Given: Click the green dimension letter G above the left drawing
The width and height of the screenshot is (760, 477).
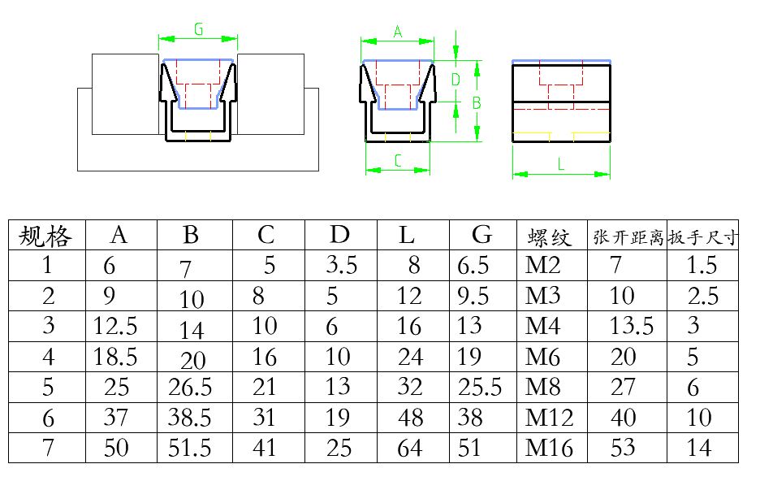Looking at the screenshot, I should pos(199,29).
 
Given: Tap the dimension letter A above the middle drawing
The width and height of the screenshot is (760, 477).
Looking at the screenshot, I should pos(398,32).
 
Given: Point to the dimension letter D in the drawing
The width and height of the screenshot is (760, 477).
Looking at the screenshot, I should pos(456,79).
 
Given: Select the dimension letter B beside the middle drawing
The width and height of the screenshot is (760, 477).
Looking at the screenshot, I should pos(477,103).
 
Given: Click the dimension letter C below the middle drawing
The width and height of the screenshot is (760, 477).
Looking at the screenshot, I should pos(398,161).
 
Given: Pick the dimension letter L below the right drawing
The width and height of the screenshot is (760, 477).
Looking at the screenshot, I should pos(561,163).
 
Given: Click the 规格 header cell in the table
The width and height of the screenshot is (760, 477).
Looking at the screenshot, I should pos(45,236).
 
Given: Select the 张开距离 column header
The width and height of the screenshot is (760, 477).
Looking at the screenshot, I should pos(628,237).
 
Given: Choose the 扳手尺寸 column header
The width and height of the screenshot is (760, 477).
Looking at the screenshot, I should pos(703,237).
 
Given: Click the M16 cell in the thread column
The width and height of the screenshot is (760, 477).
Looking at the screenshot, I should pos(549,448).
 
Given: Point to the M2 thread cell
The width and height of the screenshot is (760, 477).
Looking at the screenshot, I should pos(542,265).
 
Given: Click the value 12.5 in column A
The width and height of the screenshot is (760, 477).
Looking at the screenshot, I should pos(115,327).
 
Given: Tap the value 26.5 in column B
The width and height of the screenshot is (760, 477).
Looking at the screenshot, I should pos(190,387).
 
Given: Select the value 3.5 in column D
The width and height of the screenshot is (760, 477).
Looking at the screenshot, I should pos(341,265).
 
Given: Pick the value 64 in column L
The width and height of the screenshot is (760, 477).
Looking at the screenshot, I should pos(411,448).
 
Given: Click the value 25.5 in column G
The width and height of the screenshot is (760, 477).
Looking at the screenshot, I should pos(480,387).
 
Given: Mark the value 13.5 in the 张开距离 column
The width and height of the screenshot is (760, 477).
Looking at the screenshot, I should pos(632,327).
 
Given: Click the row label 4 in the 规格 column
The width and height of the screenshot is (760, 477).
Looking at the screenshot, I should pos(49,357).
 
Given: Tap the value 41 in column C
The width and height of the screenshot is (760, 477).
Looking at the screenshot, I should pos(264,448).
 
